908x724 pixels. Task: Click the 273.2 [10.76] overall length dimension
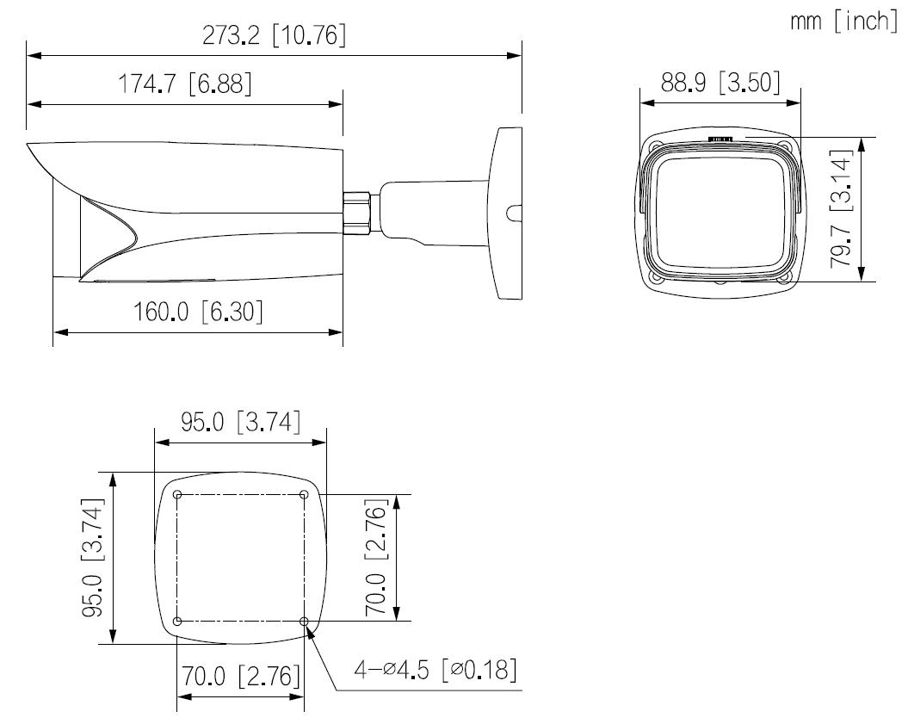click(274, 35)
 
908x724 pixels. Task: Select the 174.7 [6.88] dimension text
click(184, 85)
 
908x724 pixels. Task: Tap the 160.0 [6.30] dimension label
click(198, 312)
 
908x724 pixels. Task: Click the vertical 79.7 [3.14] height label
click(842, 208)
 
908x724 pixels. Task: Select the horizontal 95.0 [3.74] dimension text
click(239, 424)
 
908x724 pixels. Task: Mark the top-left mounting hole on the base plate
click(176, 494)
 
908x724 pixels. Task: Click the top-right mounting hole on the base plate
click(304, 494)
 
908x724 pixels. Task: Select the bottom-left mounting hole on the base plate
click(176, 621)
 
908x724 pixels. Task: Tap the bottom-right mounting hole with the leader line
click(304, 621)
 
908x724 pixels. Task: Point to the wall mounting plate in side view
click(508, 213)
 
